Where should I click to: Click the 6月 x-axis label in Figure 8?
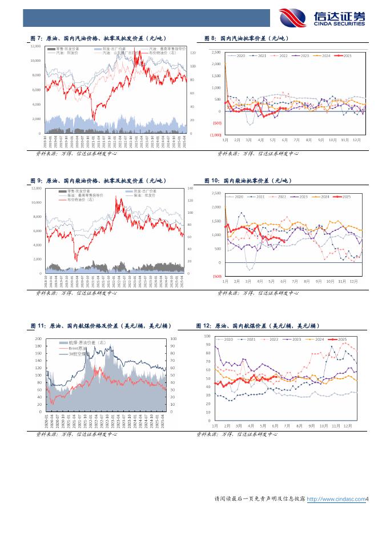[284, 139]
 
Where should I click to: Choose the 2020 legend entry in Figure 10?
[238, 197]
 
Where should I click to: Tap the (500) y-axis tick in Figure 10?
[217, 276]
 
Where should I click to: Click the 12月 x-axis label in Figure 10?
[354, 281]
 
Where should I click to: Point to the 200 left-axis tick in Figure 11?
[38, 338]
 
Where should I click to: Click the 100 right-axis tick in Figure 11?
[174, 338]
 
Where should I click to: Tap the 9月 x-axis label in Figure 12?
[312, 426]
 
